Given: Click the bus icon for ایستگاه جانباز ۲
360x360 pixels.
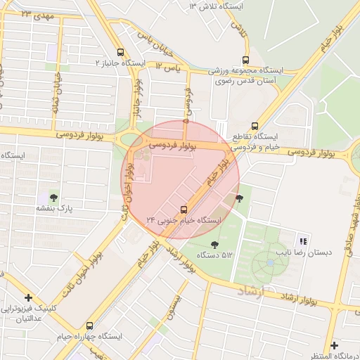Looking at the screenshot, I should click(x=121, y=52).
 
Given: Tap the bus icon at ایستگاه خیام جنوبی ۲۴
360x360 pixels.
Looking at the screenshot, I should click(x=184, y=209).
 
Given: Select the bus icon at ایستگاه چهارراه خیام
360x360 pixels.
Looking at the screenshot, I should click(x=89, y=326).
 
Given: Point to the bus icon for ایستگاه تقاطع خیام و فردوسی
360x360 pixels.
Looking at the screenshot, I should click(x=255, y=126).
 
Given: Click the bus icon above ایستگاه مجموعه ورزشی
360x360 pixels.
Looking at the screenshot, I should click(x=245, y=60).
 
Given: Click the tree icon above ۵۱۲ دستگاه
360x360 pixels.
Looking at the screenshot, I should click(x=214, y=244).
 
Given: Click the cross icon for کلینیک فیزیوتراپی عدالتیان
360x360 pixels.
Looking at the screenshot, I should click(x=27, y=298).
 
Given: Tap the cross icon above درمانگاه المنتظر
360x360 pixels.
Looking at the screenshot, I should click(x=334, y=345).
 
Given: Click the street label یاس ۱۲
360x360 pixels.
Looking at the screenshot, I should click(x=169, y=65).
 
